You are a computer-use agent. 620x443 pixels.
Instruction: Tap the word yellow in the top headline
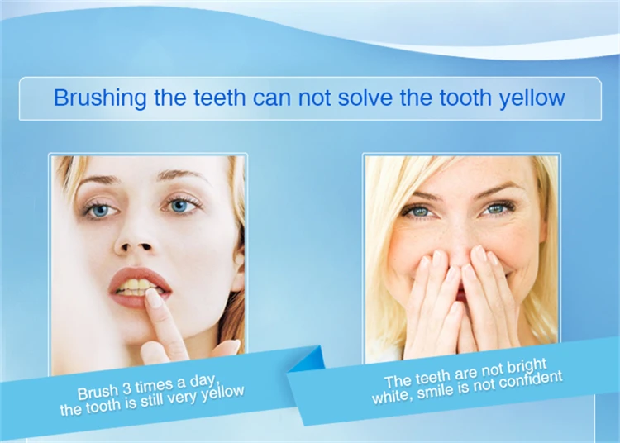point(532,98)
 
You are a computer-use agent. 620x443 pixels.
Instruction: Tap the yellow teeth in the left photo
point(135,288)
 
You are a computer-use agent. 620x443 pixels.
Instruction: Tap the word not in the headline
point(328,98)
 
